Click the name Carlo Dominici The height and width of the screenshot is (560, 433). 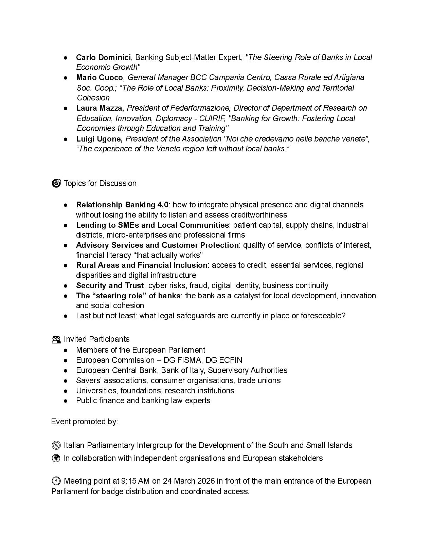103,57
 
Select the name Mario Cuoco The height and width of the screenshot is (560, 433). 99,78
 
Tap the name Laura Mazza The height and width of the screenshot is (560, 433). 100,108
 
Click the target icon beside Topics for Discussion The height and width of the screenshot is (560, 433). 56,183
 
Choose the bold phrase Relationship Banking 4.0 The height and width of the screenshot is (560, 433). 122,205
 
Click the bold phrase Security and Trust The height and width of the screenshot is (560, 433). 110,285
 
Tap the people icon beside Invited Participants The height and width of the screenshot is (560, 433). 56,339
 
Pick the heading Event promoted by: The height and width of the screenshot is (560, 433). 85,422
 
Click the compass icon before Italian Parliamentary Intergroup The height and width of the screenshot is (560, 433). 56,445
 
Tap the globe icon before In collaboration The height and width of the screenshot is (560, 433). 56,458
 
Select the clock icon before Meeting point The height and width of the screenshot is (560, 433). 56,481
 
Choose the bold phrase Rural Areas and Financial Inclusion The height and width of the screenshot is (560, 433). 141,265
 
